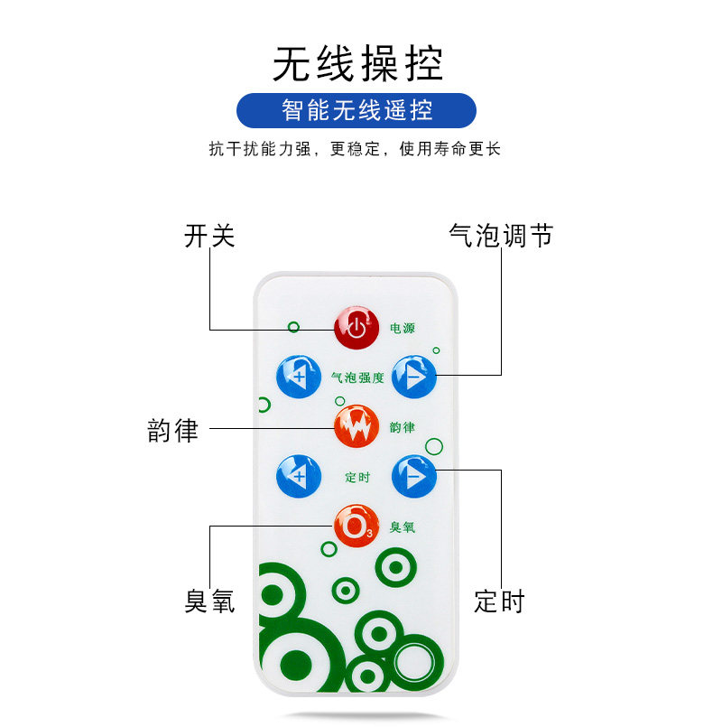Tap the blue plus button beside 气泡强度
298,376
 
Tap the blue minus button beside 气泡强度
414,376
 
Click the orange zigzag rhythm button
356,424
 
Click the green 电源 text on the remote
403,328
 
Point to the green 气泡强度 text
357,377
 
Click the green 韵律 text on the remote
402,425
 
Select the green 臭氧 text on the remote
402,526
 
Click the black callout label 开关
209,237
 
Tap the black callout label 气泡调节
500,237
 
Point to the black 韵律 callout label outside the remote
172,429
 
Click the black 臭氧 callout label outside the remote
209,601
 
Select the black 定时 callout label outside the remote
499,601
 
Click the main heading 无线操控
357,65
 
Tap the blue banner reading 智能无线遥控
356,110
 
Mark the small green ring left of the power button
292,326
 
